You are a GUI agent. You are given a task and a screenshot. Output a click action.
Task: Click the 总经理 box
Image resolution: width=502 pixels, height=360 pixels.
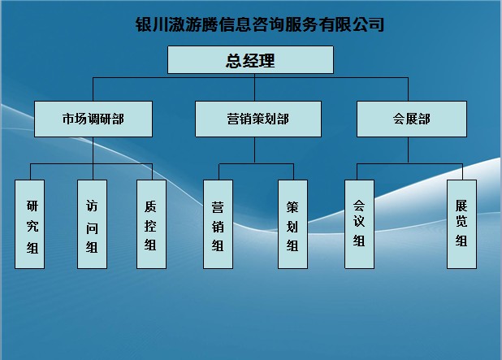click(250, 60)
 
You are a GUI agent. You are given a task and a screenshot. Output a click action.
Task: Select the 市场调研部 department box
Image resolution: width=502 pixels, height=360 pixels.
click(93, 119)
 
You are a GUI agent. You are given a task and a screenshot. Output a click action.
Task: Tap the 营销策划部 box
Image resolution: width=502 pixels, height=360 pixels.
click(258, 119)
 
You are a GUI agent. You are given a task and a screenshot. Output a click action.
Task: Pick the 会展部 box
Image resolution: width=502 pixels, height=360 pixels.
click(411, 119)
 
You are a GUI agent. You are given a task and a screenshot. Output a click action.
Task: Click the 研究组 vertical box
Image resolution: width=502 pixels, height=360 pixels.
click(29, 224)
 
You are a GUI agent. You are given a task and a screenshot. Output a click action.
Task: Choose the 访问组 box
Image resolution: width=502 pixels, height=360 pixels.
click(92, 224)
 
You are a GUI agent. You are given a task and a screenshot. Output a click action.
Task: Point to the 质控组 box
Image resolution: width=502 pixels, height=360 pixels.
click(151, 224)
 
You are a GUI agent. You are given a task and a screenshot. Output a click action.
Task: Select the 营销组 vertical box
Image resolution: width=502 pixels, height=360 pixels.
click(218, 224)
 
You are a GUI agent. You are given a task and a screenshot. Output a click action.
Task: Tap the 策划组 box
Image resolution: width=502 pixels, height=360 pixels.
click(292, 224)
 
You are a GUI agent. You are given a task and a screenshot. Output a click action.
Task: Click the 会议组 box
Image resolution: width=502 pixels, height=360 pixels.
click(359, 224)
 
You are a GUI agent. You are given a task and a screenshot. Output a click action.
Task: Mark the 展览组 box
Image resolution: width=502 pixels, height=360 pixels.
click(461, 224)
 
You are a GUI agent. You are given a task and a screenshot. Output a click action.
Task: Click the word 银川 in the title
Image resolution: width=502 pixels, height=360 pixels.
click(152, 24)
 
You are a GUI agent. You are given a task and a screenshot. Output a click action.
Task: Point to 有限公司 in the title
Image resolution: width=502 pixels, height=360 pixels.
click(351, 24)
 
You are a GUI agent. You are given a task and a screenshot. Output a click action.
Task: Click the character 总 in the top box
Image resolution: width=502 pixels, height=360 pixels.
click(234, 60)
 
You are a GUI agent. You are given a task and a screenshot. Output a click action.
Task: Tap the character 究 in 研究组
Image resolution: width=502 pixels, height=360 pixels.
click(32, 226)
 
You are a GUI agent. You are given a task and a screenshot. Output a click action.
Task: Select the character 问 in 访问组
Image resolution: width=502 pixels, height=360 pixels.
click(92, 228)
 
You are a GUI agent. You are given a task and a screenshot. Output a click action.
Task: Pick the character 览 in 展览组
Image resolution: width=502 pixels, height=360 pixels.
click(461, 221)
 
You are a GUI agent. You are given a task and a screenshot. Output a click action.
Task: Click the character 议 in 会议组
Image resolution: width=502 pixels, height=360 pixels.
click(359, 221)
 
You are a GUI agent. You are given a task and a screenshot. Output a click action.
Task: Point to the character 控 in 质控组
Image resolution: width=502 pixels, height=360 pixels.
click(150, 226)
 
